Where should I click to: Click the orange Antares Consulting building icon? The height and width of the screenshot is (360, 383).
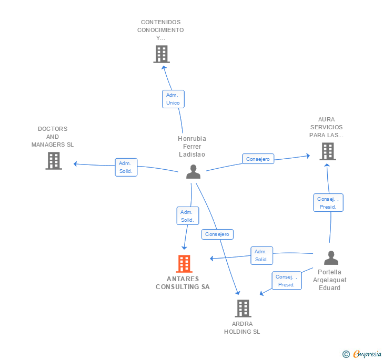pos(184,264)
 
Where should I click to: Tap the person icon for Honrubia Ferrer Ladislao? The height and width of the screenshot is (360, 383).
pos(193,172)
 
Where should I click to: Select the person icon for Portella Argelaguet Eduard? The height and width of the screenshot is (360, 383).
pos(331,258)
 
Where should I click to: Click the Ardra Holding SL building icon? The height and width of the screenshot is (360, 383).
pos(243,308)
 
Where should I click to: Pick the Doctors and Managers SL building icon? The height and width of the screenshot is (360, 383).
pos(54,161)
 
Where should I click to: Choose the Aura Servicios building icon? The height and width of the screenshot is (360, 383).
pos(327,151)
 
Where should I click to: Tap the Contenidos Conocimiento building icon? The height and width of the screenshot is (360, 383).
pos(162,54)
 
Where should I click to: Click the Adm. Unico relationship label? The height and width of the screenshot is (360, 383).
pos(173,99)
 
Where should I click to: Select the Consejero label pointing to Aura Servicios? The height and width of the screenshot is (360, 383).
pos(258,159)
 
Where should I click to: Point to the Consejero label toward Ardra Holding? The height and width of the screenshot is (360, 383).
pos(217,234)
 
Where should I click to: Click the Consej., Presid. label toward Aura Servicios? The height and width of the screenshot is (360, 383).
pos(328,203)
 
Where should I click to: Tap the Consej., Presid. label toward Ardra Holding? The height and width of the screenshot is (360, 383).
pos(286,281)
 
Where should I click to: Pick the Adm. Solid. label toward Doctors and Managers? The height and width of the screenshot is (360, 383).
pos(126,167)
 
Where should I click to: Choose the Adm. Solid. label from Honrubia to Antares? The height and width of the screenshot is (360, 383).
pos(187,216)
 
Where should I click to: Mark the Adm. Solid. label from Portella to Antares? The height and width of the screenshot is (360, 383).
pos(261,255)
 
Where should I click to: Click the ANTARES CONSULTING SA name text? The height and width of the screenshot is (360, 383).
pos(183,283)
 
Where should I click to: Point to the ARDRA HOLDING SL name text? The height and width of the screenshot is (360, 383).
pos(242,327)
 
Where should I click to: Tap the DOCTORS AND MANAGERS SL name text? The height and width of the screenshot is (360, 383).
pos(53,137)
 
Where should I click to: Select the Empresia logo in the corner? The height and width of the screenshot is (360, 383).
pos(367,354)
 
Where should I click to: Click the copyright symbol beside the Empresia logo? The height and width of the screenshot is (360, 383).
pos(346,354)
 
